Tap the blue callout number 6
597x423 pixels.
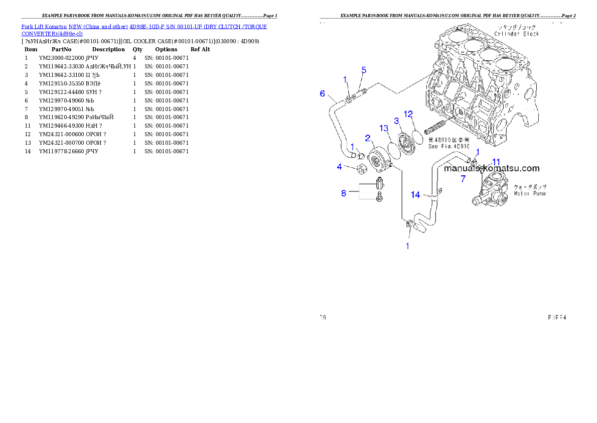tap(323, 93)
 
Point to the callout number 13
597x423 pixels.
tap(384, 128)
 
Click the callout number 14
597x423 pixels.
tap(415, 195)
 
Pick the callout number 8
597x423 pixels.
tap(344, 193)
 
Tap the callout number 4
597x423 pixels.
tap(340, 167)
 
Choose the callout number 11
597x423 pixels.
tap(496, 161)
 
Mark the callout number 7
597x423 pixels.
tap(463, 178)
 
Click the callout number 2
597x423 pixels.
tap(368, 138)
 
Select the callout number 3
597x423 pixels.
tap(396, 121)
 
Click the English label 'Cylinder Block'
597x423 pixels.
tap(516, 34)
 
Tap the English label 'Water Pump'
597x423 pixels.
tap(529, 193)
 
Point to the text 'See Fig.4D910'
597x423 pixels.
tap(449, 147)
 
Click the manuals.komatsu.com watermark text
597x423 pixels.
tap(492, 169)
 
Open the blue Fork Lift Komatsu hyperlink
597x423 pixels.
tap(144, 30)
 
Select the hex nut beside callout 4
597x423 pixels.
tap(360, 171)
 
